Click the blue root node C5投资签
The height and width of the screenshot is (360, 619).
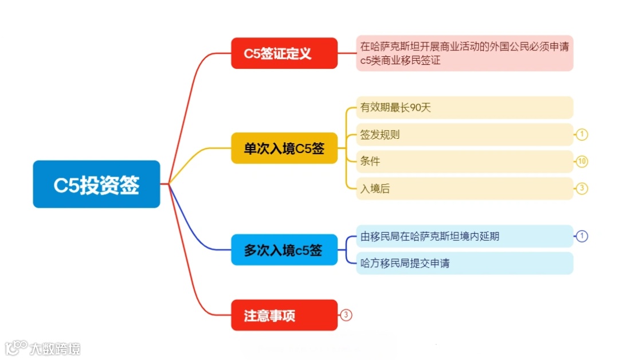pyautogui.click(x=96, y=184)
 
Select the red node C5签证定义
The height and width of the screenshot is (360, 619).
pyautogui.click(x=284, y=53)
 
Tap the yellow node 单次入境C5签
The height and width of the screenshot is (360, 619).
pyautogui.click(x=284, y=148)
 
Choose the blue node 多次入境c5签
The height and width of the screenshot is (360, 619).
pyautogui.click(x=284, y=250)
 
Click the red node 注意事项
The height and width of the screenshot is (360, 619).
pyautogui.click(x=284, y=315)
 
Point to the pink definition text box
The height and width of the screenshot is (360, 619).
pyautogui.click(x=464, y=53)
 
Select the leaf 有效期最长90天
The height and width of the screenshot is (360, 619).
pyautogui.click(x=464, y=107)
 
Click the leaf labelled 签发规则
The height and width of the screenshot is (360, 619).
pyautogui.click(x=464, y=135)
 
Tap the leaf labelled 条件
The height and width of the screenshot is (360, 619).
pyautogui.click(x=464, y=162)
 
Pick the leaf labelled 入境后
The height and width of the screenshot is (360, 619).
pyautogui.click(x=464, y=189)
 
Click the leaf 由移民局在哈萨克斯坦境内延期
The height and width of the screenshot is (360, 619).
pyautogui.click(x=464, y=236)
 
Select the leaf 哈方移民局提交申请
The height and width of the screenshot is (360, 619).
pyautogui.click(x=464, y=263)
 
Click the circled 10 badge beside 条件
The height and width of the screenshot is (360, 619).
pyautogui.click(x=582, y=162)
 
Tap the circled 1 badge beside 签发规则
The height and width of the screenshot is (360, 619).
pyautogui.click(x=582, y=135)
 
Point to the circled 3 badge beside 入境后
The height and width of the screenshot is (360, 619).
pyautogui.click(x=582, y=189)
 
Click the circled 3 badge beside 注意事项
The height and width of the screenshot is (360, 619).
pyautogui.click(x=346, y=315)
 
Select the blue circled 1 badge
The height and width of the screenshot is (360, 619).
pyautogui.click(x=582, y=236)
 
